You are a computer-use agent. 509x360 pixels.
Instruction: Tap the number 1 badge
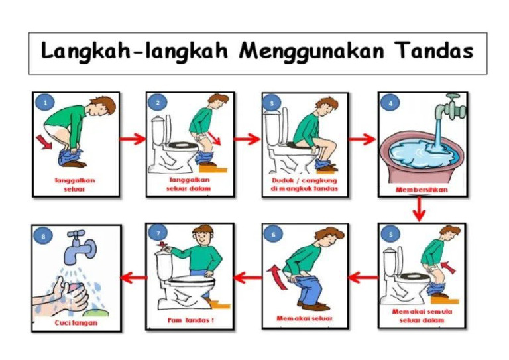click(x=44, y=103)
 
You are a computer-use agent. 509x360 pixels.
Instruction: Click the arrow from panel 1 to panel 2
click(x=133, y=139)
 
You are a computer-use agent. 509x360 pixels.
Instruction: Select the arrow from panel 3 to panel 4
click(x=363, y=139)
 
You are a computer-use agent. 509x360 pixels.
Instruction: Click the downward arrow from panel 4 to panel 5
click(x=418, y=210)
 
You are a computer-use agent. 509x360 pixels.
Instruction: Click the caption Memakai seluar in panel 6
click(x=304, y=319)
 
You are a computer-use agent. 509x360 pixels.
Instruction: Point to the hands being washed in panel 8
click(x=66, y=294)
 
